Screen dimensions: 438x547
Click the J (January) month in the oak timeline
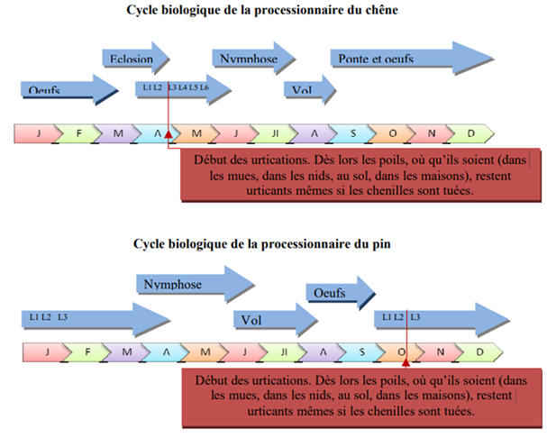click(37, 133)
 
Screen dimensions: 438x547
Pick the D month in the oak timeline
click(471, 133)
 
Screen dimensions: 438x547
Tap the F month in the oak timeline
click(78, 133)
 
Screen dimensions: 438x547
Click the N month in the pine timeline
click(440, 351)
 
